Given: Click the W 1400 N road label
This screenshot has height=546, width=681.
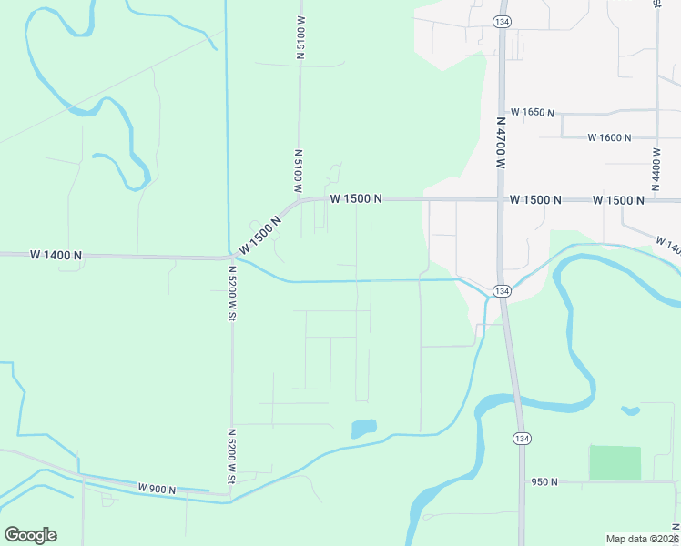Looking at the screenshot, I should pos(56,256).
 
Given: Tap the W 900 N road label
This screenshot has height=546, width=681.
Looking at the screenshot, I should pos(157,489).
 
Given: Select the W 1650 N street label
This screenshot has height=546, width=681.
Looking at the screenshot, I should pos(533,112).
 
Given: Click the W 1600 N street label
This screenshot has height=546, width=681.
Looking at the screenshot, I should pos(609,137).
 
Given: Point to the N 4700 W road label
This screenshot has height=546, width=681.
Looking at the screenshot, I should pos(501,143).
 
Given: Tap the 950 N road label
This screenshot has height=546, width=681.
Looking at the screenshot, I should pos(544,481).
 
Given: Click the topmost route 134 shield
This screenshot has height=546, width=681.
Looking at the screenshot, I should pos(501,21).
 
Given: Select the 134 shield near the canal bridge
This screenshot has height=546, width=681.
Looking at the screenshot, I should pos(501,290).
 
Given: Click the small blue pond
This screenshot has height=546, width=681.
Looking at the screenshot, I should pos(363,428).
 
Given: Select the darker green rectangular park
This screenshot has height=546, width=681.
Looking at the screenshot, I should pos(615,463).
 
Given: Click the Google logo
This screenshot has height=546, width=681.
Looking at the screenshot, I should pos(30,534).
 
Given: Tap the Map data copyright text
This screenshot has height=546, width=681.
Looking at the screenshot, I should pos(642,538).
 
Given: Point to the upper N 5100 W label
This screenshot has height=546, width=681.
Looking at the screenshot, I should pos(300,36).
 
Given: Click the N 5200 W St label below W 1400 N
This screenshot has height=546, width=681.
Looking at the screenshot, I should pos(232,292).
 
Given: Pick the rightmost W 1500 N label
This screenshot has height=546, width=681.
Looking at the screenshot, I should pos(618,199).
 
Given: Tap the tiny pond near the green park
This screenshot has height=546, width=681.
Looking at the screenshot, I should pos(630,410).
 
